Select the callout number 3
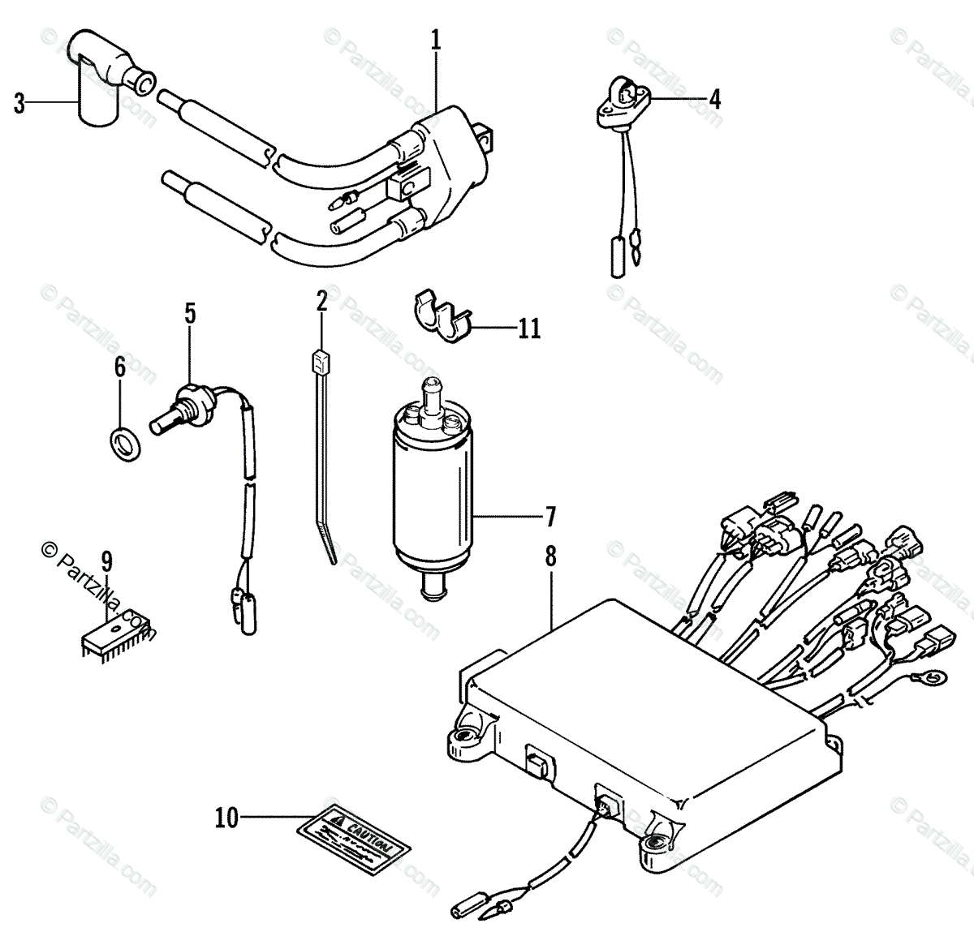click(x=19, y=104)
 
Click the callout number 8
click(x=551, y=557)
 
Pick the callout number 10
click(x=227, y=818)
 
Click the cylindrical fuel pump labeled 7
click(x=431, y=487)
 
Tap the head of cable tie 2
click(x=321, y=359)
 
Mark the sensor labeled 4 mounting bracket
click(x=625, y=104)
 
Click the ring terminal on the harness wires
click(x=935, y=674)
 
